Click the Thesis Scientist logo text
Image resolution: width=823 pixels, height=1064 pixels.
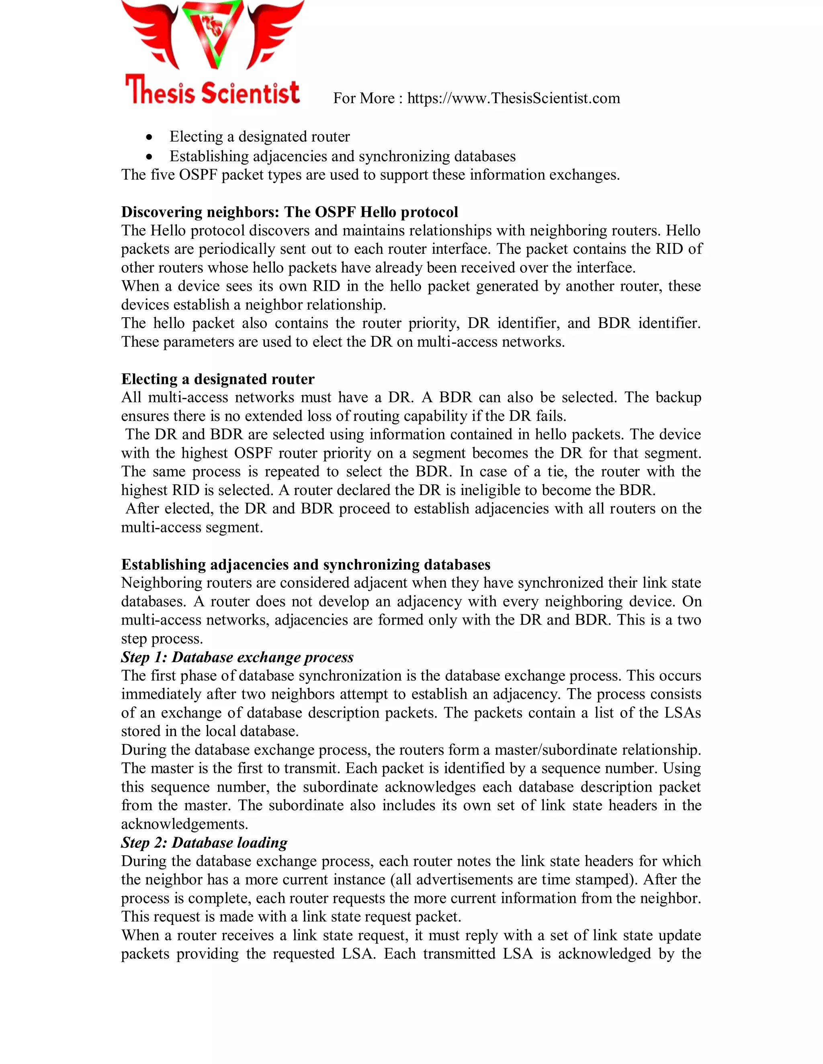tap(213, 91)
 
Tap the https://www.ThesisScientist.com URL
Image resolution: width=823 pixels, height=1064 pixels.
tap(514, 98)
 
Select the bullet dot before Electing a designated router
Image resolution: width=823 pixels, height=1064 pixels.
tap(149, 137)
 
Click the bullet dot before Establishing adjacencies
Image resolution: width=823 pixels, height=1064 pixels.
tap(149, 157)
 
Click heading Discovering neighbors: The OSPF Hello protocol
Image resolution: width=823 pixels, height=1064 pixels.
tap(290, 212)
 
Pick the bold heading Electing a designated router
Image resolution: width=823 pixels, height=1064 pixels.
tap(217, 379)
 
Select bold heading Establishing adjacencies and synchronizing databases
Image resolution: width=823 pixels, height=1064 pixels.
tap(306, 564)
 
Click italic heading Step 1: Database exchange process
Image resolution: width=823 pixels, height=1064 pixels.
tap(237, 657)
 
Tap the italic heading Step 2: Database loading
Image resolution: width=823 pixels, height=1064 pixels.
tap(204, 842)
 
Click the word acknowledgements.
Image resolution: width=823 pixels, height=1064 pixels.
tap(184, 824)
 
